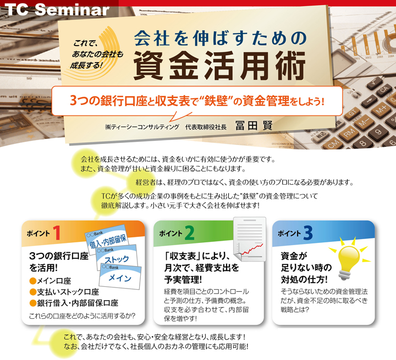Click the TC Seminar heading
pos(57,9)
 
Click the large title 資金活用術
pos(219,65)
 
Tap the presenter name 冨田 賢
pos(254,125)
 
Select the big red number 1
pos(57,232)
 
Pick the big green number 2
pos(189,232)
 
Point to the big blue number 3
pos(308,232)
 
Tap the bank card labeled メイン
pos(120,276)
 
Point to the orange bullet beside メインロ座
pos(33,281)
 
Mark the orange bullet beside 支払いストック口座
pos(33,292)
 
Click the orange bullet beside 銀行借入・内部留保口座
pos(33,303)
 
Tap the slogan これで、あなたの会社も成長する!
pos(96,54)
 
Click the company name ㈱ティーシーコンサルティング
pos(142,127)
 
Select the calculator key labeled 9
pos(378,132)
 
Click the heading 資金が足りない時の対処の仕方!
pos(306,268)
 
